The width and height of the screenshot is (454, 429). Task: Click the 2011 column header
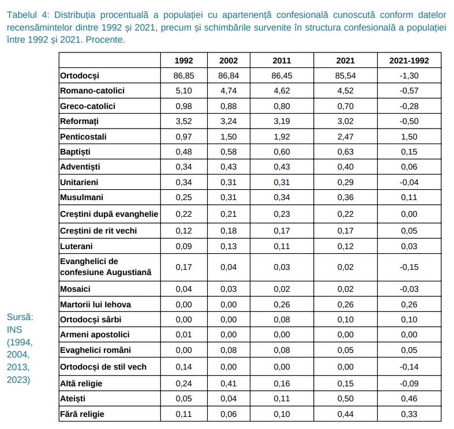coord(281,61)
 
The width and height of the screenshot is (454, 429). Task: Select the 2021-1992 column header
coord(404,61)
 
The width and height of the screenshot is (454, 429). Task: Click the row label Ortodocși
coord(80,76)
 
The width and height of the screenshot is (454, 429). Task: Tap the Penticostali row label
coord(83,137)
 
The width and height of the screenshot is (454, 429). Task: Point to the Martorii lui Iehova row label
coord(95,304)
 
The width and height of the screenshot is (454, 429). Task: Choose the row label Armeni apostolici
coord(95,334)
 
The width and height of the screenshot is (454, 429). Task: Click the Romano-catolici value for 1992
coord(184,91)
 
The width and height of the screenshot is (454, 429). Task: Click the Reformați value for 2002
coord(229,122)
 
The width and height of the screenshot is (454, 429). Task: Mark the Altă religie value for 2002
coord(229,383)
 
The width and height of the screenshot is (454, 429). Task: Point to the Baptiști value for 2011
coord(281,152)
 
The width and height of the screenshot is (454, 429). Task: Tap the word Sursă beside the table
coord(20,317)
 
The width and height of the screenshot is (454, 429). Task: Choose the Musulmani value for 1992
coord(184,197)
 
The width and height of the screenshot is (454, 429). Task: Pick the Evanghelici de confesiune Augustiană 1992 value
coord(184,267)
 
